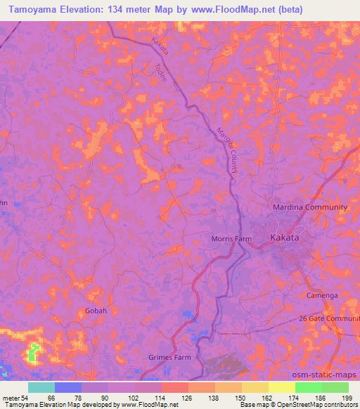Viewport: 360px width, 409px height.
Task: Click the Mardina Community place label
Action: click(x=310, y=207)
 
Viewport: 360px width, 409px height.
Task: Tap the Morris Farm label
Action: click(x=231, y=239)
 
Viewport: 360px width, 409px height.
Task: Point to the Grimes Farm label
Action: click(x=169, y=357)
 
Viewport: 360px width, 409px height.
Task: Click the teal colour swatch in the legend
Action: click(x=41, y=387)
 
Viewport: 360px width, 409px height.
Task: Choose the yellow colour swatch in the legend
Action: click(x=281, y=387)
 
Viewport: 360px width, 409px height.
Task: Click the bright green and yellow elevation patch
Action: click(x=34, y=353)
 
